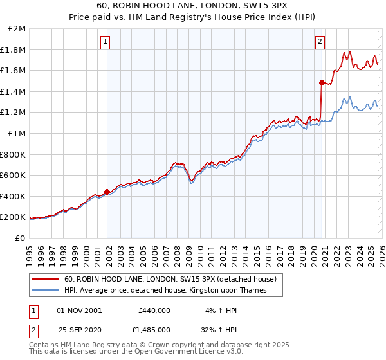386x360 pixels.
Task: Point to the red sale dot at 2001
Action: [107, 192]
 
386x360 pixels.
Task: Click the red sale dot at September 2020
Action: [321, 82]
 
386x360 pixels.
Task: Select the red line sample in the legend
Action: [46, 279]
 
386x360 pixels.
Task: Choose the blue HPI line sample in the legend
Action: [46, 290]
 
